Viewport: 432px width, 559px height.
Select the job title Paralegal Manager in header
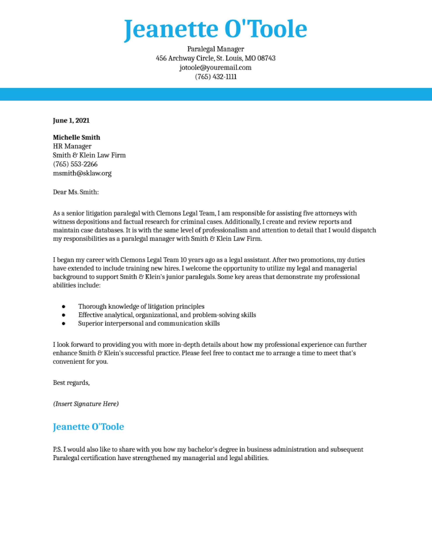(x=216, y=49)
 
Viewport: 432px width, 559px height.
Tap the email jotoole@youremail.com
(x=216, y=67)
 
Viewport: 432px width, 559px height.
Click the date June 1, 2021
(x=71, y=120)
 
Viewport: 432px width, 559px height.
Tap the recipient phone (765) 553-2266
(x=75, y=164)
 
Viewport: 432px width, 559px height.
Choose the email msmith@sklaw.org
(x=82, y=173)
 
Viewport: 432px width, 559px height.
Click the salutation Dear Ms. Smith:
(x=76, y=192)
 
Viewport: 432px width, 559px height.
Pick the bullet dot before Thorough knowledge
(x=64, y=306)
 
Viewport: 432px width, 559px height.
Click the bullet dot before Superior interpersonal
(x=64, y=324)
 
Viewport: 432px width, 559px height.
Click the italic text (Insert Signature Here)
(x=86, y=404)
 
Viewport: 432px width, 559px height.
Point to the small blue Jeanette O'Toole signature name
(x=88, y=427)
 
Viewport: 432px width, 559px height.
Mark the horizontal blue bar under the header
(x=216, y=94)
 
